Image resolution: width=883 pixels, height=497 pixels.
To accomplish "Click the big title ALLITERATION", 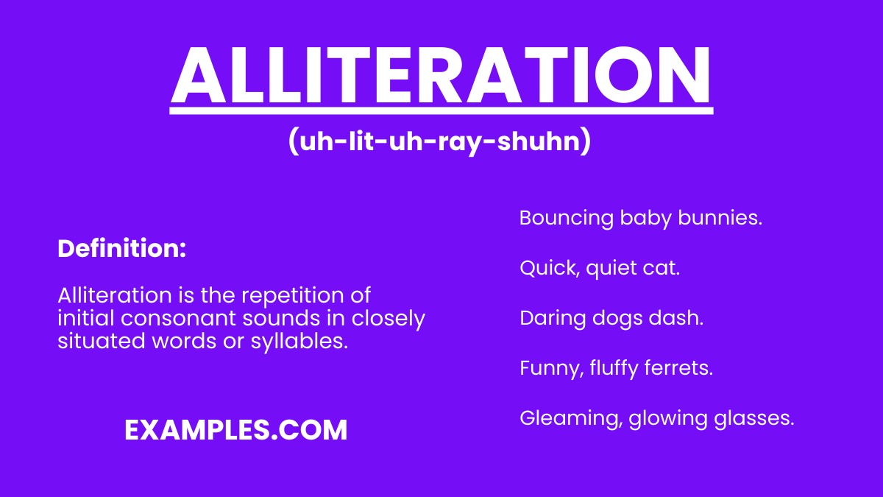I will click(441, 75).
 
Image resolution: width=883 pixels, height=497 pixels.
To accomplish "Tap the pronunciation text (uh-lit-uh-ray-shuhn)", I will click(440, 142).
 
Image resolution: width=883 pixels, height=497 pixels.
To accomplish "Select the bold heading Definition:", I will click(121, 249).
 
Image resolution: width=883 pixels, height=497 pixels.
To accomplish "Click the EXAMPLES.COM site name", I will click(235, 430).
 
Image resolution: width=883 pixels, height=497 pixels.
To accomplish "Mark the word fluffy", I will click(617, 369).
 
